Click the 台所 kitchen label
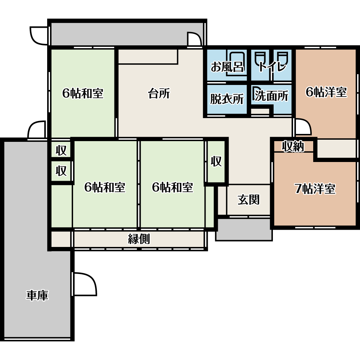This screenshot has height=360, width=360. coord(159,94)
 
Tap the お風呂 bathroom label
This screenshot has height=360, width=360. coord(227,67)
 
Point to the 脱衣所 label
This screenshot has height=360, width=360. coord(227,99)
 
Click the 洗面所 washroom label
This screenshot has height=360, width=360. coord(271,96)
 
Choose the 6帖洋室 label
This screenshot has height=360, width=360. coord(326,92)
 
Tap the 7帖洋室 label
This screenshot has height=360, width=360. coord(315,189)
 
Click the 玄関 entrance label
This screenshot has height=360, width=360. coord(248,199)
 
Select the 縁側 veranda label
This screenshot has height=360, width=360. coord(139,239)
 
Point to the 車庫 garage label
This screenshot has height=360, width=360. coord(37,295)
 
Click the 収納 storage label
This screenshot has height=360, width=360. coord(293,146)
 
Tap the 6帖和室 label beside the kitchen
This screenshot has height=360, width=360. coord(83,93)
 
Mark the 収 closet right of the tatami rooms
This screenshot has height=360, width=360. coord(216,161)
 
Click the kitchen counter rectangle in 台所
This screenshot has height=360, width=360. coord(148,57)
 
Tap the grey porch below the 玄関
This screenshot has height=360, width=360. coord(244,229)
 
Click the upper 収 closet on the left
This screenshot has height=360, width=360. coord(61,150)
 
